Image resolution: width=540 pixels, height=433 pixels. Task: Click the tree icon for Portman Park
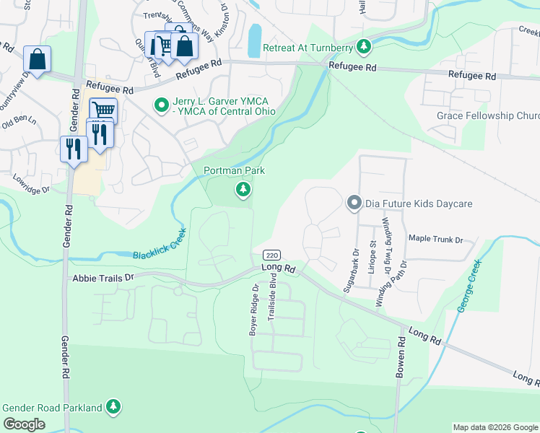point(243,190)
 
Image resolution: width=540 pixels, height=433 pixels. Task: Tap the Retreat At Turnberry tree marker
point(365,48)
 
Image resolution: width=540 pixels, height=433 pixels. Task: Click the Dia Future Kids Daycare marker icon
point(354,204)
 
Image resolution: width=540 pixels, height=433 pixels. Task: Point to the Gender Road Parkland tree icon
point(113,408)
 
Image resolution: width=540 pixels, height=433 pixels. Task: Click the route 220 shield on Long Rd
point(271,255)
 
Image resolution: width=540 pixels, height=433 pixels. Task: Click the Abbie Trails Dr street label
point(103,277)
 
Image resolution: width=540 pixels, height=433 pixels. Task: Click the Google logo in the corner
point(24,424)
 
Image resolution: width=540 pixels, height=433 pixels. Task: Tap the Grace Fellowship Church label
point(488,116)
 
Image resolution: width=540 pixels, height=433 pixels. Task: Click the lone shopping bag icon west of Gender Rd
point(37,58)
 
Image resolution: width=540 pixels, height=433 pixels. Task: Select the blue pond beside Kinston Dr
point(254,41)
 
